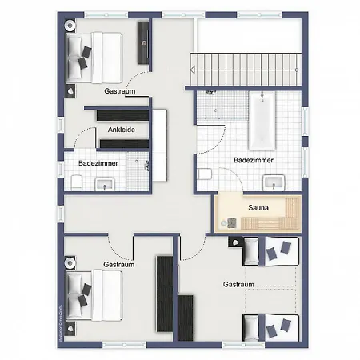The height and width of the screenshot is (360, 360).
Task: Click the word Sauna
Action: [x=258, y=209]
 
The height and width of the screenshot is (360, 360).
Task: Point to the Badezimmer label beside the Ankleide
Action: [x=98, y=162]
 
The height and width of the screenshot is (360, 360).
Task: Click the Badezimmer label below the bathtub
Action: [x=254, y=160]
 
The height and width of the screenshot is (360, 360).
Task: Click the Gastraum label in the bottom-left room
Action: [x=118, y=264]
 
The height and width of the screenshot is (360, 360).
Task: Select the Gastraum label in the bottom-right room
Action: [x=238, y=285]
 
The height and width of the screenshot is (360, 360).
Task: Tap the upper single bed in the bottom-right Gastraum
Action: [x=271, y=251]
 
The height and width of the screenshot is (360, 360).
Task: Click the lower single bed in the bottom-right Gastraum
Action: [x=271, y=326]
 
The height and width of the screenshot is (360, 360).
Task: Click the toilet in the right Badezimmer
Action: [x=206, y=174]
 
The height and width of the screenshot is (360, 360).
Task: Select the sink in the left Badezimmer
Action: [x=105, y=184]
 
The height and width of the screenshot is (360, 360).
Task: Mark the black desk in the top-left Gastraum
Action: [x=144, y=42]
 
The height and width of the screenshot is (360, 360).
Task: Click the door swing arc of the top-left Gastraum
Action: [x=138, y=78]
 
